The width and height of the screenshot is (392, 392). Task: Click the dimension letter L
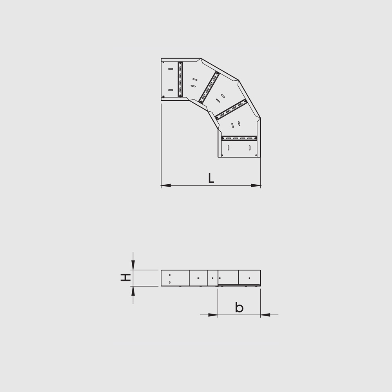pos(211,178)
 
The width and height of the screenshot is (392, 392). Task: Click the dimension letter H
pos(125,278)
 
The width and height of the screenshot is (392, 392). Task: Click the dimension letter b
pos(239,307)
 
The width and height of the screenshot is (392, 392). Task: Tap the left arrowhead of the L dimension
pos(166,185)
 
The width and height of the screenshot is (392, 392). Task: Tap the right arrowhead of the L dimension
pos(256,185)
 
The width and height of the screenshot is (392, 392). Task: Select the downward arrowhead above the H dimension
pos(133,265)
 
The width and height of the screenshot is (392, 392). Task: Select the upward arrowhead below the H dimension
pos(133,291)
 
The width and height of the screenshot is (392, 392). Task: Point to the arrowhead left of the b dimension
pos(213,315)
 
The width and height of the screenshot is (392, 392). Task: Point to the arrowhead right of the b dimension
pos(265,315)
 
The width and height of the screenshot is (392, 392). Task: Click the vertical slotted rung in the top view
pos(180,79)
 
